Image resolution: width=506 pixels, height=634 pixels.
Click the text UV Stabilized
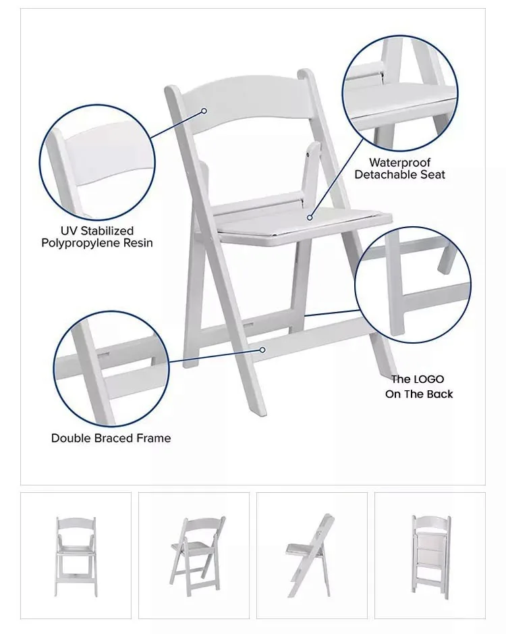[97, 231]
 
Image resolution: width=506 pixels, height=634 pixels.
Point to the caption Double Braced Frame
[111, 438]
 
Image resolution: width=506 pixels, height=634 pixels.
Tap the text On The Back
[419, 394]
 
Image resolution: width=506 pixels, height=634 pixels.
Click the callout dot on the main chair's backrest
[204, 111]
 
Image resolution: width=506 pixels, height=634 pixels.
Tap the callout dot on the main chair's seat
[310, 217]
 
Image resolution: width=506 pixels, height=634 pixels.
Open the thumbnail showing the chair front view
[76, 556]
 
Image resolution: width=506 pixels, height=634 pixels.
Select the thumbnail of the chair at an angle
[194, 556]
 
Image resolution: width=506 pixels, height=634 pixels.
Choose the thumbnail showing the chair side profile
[312, 556]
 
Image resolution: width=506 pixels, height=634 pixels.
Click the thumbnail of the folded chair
[430, 556]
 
